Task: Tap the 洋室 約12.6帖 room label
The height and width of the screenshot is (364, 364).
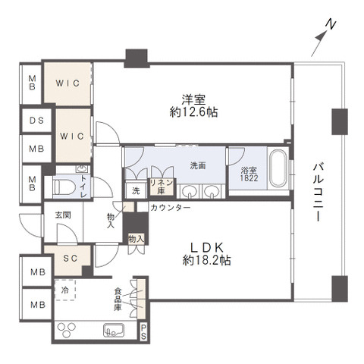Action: pos(193,106)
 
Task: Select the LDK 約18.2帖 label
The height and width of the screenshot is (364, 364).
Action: pos(206,253)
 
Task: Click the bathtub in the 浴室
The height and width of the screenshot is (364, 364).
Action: pos(278,168)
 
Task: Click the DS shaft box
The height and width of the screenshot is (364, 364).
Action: pos(37,121)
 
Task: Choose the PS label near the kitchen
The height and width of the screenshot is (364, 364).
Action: pos(143,332)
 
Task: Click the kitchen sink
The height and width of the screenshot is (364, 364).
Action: pos(114,330)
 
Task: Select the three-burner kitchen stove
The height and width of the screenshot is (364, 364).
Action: pos(67,330)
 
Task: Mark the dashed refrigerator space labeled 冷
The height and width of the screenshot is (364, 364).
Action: pos(65,290)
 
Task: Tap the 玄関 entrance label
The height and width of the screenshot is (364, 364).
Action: pos(63,215)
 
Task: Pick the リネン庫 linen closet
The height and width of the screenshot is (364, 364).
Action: pos(162,187)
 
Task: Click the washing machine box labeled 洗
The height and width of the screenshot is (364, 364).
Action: pos(136,190)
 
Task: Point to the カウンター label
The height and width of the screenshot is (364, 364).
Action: pos(171,208)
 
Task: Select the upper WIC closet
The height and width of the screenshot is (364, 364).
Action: pos(67,83)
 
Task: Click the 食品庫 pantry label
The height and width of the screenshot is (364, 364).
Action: pos(118,300)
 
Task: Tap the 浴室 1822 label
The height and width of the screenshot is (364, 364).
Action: pos(249,174)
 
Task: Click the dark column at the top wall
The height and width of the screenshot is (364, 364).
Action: pos(136,58)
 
